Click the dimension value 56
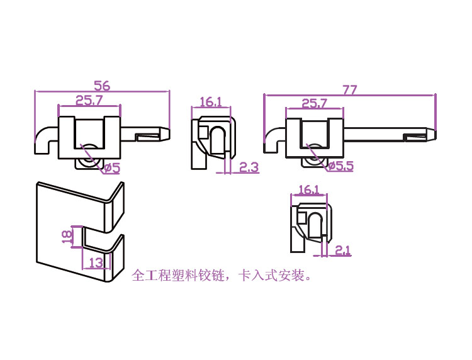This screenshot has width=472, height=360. tap(102, 85)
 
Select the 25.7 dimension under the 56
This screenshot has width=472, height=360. tap(89, 99)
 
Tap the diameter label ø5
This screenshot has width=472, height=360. tap(111, 167)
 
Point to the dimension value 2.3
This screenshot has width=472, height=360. tap(249, 167)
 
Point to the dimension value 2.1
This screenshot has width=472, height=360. tap(342, 250)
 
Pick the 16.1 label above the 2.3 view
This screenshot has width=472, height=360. tap(211, 102)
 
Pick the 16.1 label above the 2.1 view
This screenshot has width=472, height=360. tap(309, 189)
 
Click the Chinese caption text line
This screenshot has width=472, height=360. tap(222, 276)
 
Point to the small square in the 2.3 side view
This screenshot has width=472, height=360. tap(204, 132)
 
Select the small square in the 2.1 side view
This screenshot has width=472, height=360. tap(302, 218)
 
